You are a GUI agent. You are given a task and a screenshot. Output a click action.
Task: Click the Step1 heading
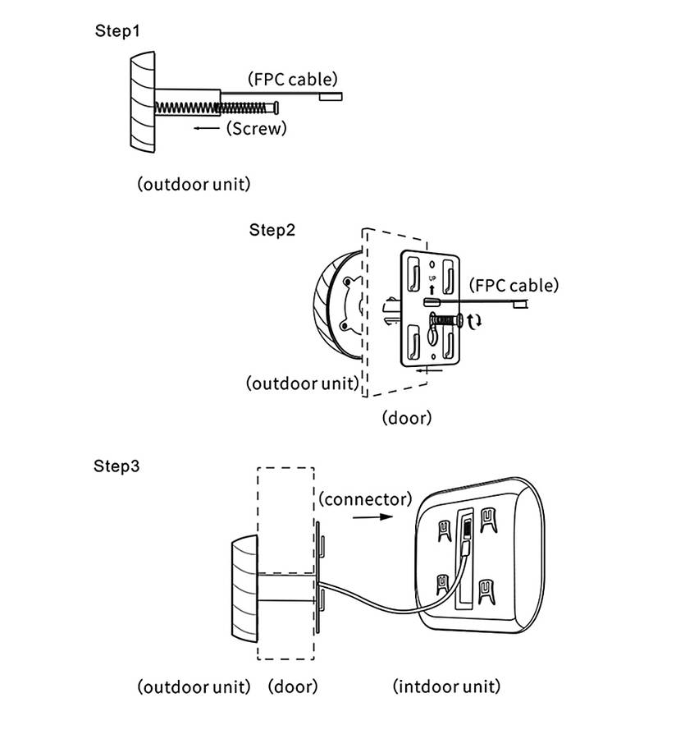pyautogui.click(x=117, y=31)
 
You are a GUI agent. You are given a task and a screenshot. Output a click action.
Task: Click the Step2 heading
pyautogui.click(x=272, y=230)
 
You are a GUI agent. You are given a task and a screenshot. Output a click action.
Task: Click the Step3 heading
pyautogui.click(x=116, y=466)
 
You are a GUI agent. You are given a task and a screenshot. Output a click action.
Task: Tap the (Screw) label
pyautogui.click(x=257, y=128)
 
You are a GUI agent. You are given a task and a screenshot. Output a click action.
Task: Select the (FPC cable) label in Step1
pyautogui.click(x=293, y=79)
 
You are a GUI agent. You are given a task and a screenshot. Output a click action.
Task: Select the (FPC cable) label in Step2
pyautogui.click(x=514, y=285)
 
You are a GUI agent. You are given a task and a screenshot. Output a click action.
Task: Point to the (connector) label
pyautogui.click(x=365, y=498)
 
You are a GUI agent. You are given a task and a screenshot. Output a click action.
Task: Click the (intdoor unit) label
pyautogui.click(x=447, y=686)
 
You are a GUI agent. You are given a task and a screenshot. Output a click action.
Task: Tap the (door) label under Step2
pyautogui.click(x=407, y=418)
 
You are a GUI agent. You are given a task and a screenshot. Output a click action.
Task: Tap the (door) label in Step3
pyautogui.click(x=293, y=686)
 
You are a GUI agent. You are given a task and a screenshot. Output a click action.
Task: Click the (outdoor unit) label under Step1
pyautogui.click(x=194, y=184)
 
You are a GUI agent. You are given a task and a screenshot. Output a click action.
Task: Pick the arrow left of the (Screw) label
pyautogui.click(x=207, y=128)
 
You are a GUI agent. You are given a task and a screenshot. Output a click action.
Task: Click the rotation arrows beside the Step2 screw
pyautogui.click(x=474, y=321)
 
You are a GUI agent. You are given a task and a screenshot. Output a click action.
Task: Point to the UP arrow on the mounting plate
pyautogui.click(x=432, y=289)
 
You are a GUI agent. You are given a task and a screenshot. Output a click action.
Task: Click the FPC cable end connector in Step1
pyautogui.click(x=331, y=97)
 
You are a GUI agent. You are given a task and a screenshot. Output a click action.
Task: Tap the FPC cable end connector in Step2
pyautogui.click(x=520, y=305)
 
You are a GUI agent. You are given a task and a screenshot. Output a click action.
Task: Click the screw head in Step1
pyautogui.click(x=276, y=108)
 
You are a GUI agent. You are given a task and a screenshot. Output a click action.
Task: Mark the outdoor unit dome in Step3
pyautogui.click(x=244, y=589)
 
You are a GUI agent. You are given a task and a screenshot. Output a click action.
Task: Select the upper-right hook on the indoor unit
pyautogui.click(x=488, y=520)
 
